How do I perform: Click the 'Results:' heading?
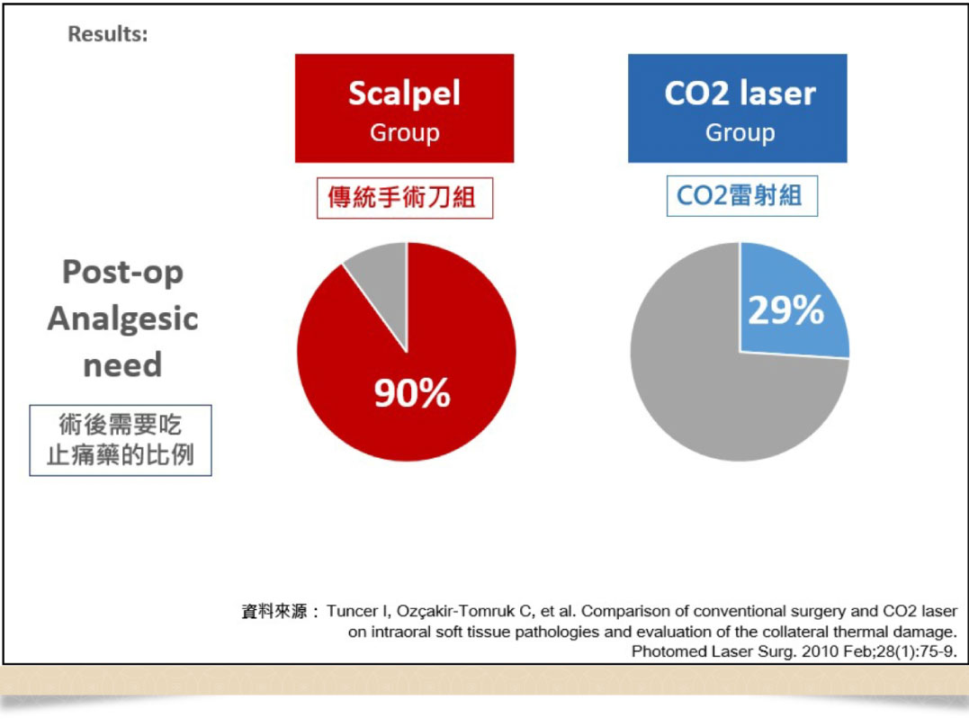(x=108, y=35)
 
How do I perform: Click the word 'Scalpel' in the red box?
(x=404, y=93)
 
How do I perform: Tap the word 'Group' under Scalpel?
(x=404, y=133)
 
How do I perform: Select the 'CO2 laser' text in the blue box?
(x=739, y=93)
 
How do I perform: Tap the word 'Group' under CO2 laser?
(x=739, y=133)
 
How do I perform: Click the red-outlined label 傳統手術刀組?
(x=406, y=197)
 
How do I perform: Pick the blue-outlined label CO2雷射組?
(x=740, y=195)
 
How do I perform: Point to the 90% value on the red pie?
(x=412, y=393)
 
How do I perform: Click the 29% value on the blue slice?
(x=785, y=311)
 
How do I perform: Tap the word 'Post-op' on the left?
(x=122, y=272)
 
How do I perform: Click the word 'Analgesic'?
(x=122, y=319)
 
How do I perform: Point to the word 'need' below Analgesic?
(x=122, y=365)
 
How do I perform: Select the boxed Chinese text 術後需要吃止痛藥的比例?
(x=121, y=440)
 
